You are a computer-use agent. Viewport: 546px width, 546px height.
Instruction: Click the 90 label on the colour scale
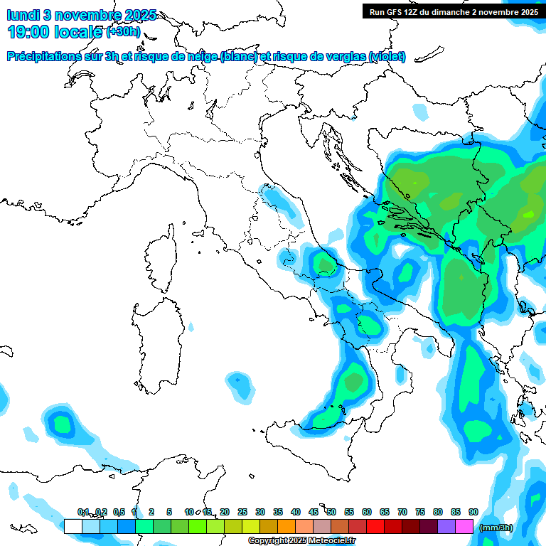point(473,512)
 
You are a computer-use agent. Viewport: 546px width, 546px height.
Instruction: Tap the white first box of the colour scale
point(73,526)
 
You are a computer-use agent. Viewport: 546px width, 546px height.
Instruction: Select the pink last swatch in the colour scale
point(464,526)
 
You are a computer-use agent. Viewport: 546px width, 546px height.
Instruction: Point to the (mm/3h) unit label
point(495,528)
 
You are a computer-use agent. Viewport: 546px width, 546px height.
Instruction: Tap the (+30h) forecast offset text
point(123,31)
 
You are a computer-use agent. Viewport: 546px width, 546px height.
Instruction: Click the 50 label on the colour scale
point(331,512)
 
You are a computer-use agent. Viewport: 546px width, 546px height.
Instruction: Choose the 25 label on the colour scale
point(242,512)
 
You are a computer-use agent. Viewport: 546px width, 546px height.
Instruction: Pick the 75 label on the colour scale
point(419,512)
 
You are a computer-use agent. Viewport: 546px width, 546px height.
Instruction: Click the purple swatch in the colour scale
point(446,526)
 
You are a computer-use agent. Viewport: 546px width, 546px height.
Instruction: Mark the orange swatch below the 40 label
point(287,526)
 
